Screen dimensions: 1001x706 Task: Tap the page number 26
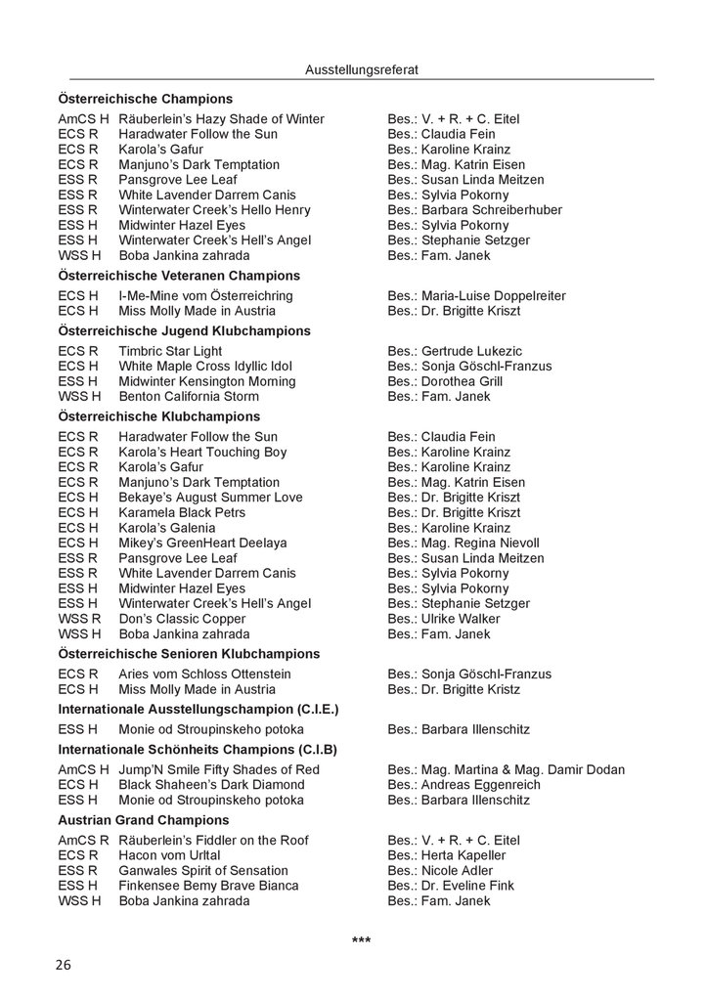click(x=64, y=965)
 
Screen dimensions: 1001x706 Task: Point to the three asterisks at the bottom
click(x=361, y=940)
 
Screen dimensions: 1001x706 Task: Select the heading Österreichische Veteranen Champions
click(x=179, y=276)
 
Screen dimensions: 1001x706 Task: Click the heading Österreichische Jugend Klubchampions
click(x=184, y=331)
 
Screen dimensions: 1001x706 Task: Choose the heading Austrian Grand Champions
click(x=144, y=820)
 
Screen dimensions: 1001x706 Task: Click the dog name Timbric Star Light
click(x=169, y=351)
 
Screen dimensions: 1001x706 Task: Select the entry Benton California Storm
click(x=189, y=396)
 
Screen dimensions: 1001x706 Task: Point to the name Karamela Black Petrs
click(x=182, y=512)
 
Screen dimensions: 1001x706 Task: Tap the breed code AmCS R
click(x=83, y=840)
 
